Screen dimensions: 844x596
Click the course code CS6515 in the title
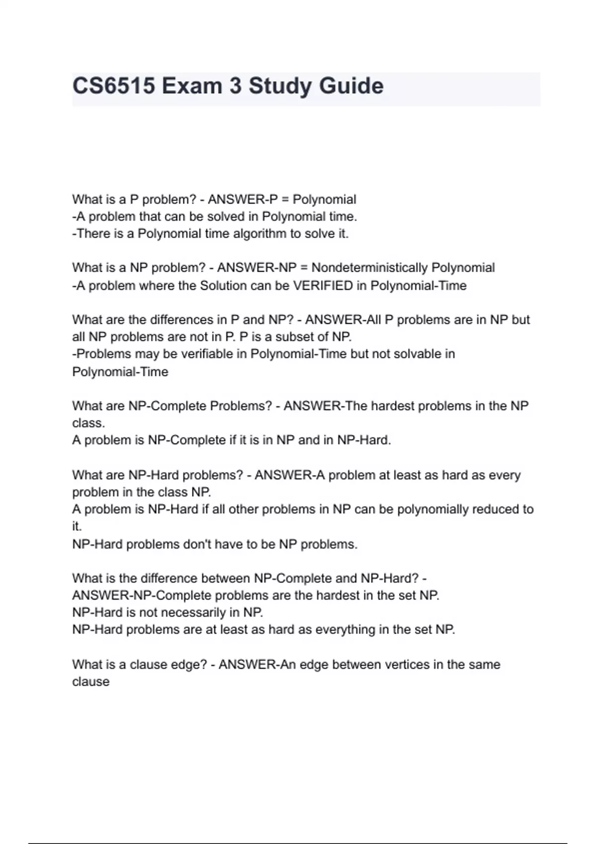tap(113, 86)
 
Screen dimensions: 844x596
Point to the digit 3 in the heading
tap(235, 86)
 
